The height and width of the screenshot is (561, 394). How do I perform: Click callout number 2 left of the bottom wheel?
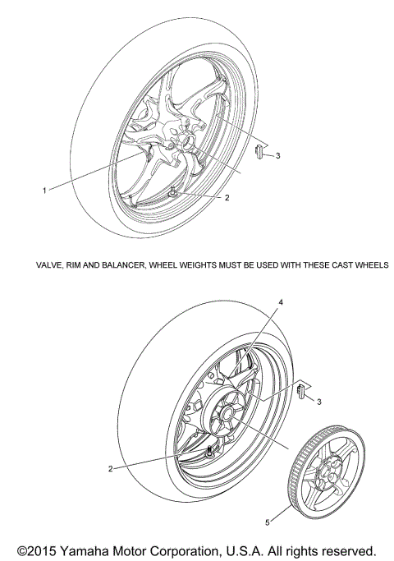[110, 469]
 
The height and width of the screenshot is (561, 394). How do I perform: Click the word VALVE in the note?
[48, 265]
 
